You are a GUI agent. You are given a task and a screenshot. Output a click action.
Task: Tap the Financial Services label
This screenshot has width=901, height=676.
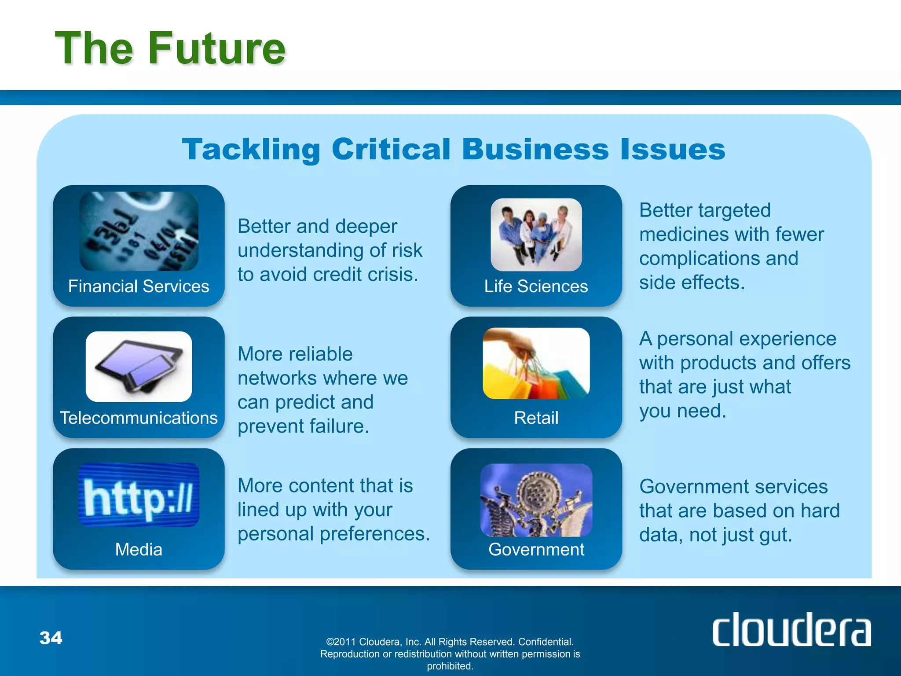pos(139,287)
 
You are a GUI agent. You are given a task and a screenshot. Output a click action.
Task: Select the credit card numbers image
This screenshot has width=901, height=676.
pos(139,231)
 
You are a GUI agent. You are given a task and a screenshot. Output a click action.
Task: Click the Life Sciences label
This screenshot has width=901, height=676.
pos(536,287)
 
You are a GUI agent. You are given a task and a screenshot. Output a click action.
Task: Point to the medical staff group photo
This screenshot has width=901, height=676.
pos(536,235)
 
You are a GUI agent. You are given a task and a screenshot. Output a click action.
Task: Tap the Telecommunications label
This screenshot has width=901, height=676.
pos(139,418)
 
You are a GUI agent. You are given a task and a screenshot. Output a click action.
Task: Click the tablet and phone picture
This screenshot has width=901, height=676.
pos(139,367)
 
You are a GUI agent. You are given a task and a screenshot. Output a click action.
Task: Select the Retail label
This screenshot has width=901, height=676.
pos(536,418)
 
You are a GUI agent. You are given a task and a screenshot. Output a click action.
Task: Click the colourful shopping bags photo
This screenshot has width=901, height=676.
pos(536,364)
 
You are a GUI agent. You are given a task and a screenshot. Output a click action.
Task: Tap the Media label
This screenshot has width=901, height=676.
pos(139,549)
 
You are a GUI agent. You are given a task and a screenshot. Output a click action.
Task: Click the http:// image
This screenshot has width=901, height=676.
pos(139,495)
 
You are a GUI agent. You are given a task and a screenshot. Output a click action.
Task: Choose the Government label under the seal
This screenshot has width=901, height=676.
pos(536,549)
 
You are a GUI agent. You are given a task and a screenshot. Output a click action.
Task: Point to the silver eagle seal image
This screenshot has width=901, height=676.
pos(536,500)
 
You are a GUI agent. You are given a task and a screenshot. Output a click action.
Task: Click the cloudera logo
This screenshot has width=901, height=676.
pos(791,629)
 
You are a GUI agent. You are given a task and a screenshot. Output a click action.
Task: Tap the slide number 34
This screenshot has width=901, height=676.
pos(51,638)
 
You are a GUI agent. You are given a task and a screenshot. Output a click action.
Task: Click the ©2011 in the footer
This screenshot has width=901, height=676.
pos(341,642)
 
